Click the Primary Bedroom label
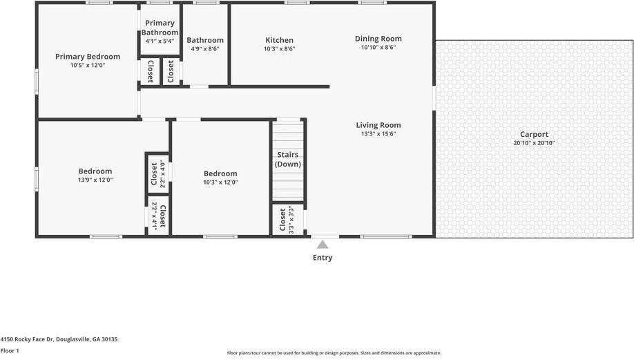pos(88,57)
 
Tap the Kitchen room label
pos(279,40)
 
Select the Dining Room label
pos(378,39)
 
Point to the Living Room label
pos(378,125)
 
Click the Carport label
pos(534,135)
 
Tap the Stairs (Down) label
pos(287,159)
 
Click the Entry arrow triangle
pos(322,244)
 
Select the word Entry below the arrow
pos(323,258)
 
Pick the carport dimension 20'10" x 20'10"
pos(534,144)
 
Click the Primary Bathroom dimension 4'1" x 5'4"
pos(160,41)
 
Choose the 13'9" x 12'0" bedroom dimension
pos(95,180)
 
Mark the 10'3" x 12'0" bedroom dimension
pos(220,182)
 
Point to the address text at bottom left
pos(59,339)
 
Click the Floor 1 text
pos(10,351)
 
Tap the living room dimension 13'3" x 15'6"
pos(378,134)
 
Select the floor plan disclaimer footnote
pos(334,353)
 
